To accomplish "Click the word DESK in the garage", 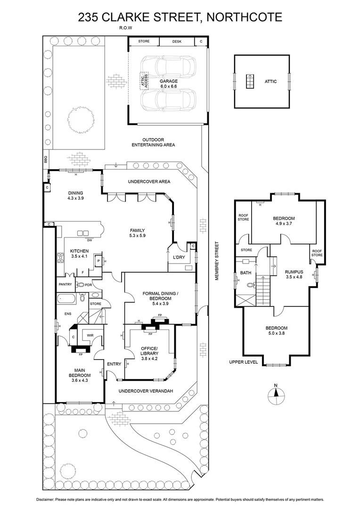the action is click(177, 41).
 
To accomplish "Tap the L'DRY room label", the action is click(178, 257).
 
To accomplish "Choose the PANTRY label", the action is click(65, 284).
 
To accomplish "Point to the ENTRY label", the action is click(114, 364).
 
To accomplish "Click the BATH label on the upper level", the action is click(245, 273).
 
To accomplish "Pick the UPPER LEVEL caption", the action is click(244, 362).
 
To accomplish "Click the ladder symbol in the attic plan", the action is click(250, 82).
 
